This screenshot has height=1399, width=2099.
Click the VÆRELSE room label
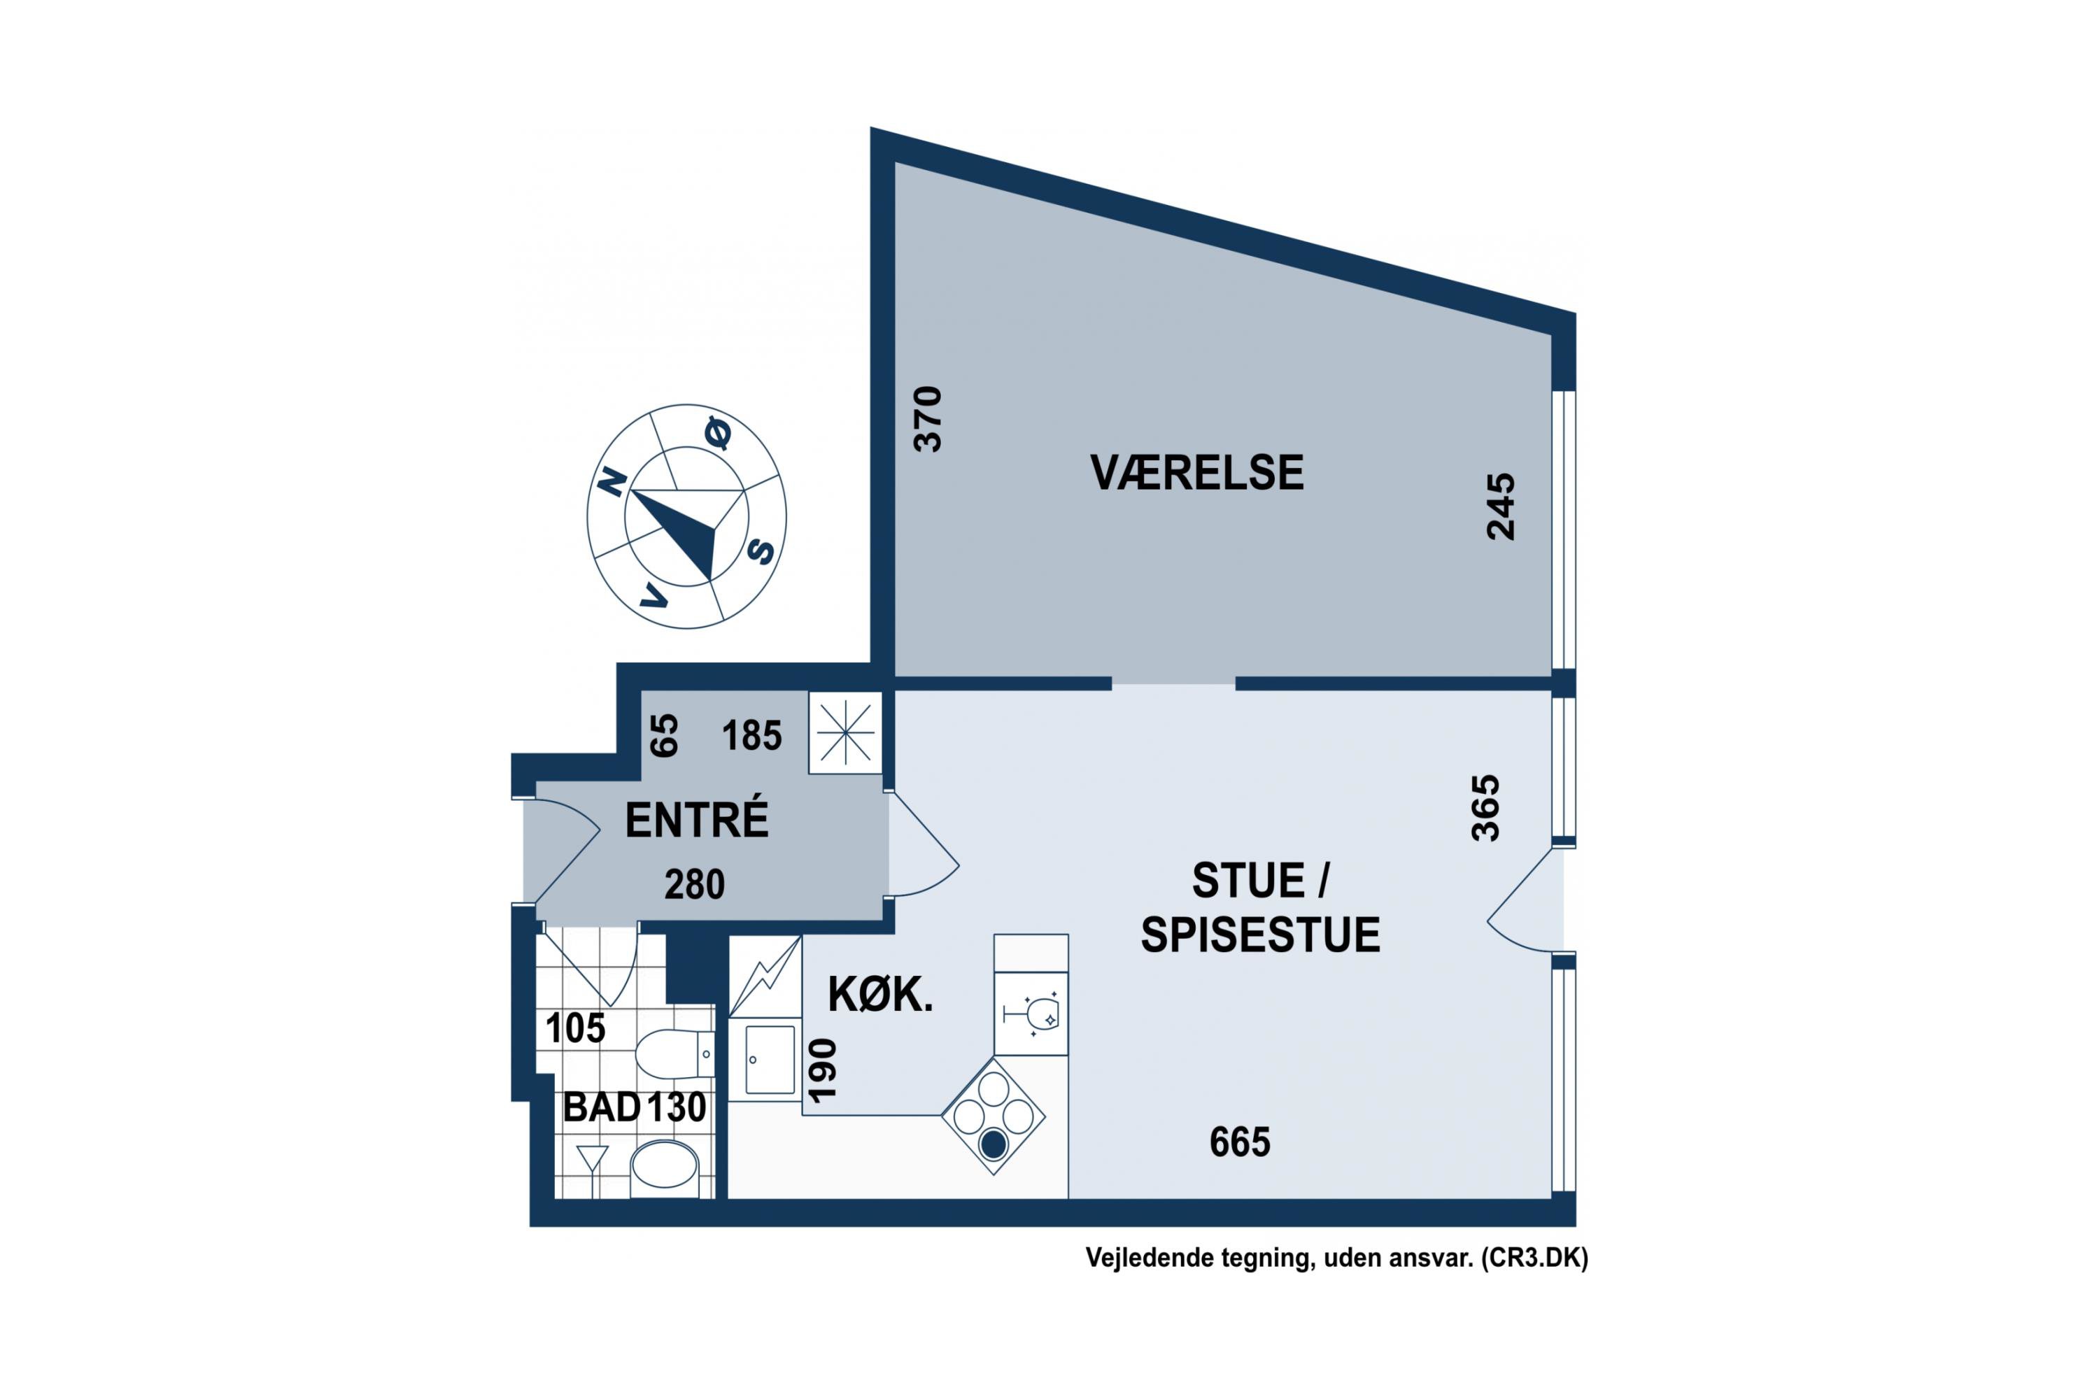(x=1196, y=473)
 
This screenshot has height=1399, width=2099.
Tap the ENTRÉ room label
(x=697, y=820)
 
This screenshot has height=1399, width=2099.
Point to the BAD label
(x=602, y=1107)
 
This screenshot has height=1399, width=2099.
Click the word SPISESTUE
(x=1260, y=935)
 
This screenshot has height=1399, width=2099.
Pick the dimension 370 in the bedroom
(x=928, y=418)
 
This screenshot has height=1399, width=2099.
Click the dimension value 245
(x=1500, y=506)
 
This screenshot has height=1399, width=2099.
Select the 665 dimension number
(x=1240, y=1142)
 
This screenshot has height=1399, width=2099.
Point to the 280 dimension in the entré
(x=694, y=884)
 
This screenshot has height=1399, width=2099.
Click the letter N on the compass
(x=612, y=482)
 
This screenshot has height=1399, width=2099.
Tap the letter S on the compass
(x=761, y=551)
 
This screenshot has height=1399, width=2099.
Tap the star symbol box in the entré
(x=845, y=732)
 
